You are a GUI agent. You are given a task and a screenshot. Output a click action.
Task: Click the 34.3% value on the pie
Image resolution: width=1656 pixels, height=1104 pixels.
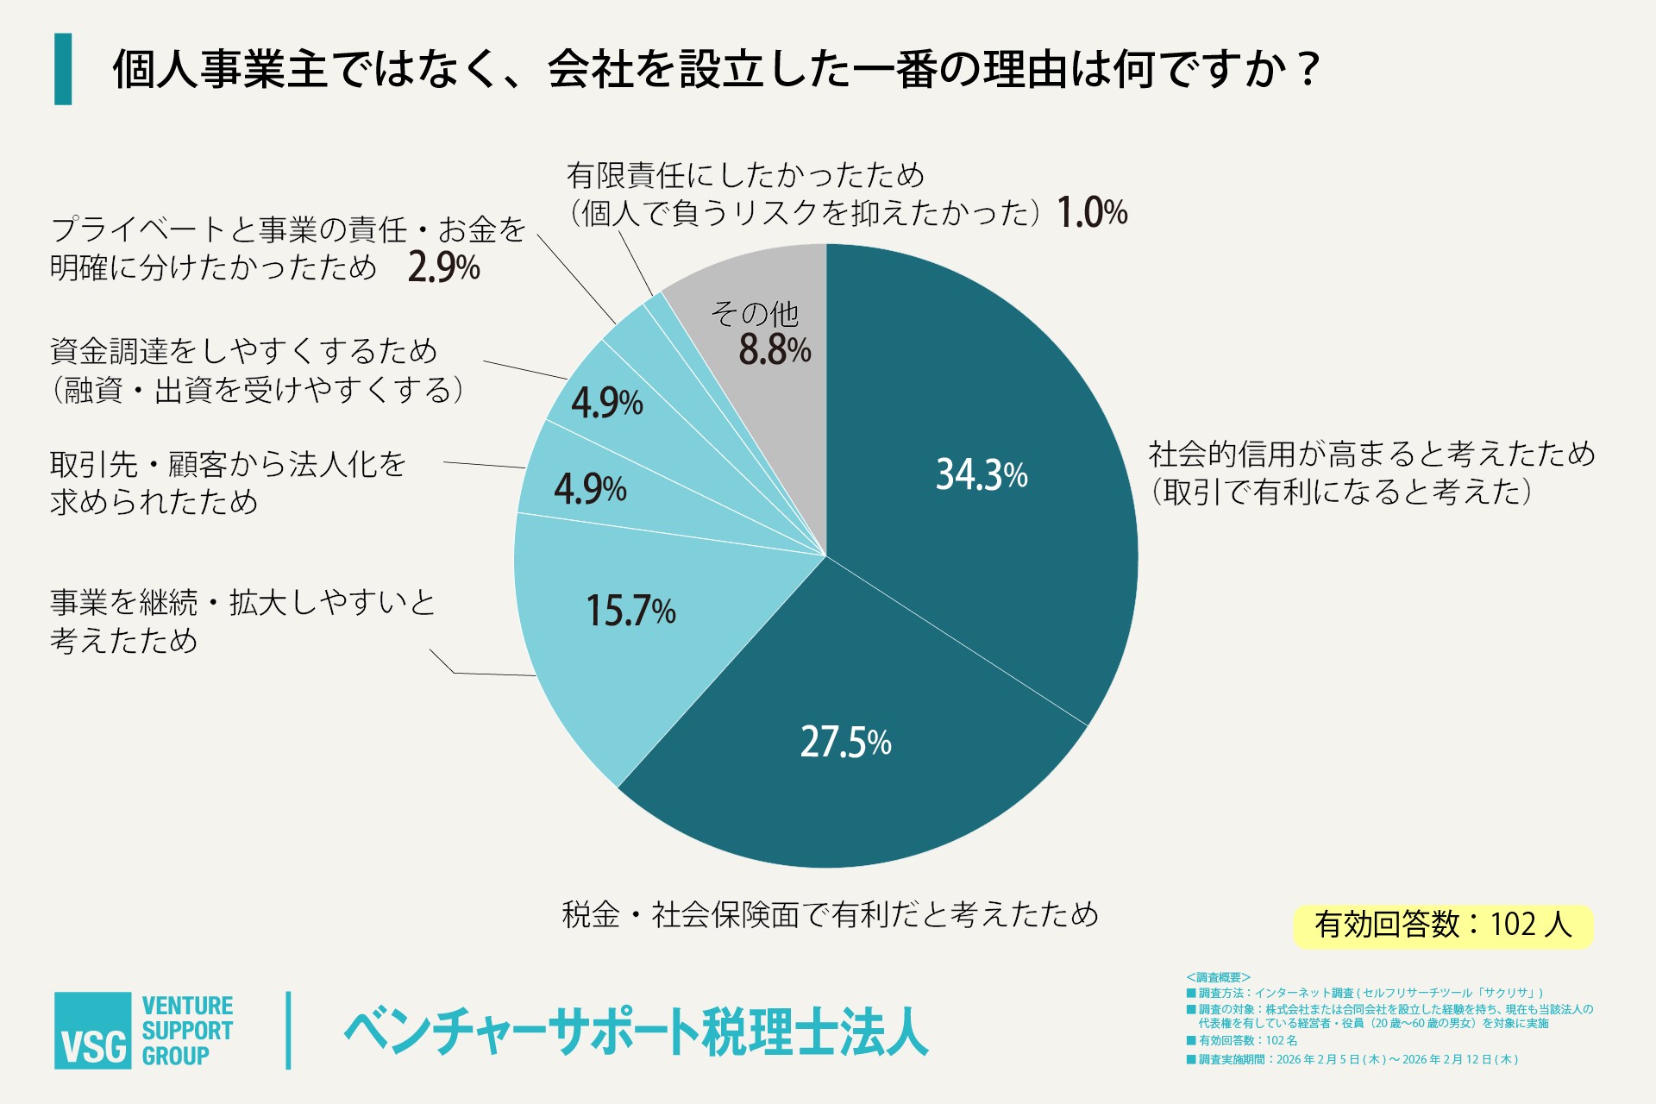(x=981, y=474)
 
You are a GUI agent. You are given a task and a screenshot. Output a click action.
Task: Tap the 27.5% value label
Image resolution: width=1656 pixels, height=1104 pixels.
(x=845, y=742)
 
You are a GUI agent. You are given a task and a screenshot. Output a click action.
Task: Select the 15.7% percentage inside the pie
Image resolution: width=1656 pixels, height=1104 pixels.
(x=630, y=611)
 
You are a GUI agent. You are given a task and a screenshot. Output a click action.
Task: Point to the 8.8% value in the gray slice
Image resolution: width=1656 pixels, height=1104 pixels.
(x=774, y=350)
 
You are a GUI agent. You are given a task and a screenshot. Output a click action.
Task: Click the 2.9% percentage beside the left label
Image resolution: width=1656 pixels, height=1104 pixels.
(x=443, y=267)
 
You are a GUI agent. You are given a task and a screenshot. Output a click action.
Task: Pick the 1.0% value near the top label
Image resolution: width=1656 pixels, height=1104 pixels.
(x=1092, y=212)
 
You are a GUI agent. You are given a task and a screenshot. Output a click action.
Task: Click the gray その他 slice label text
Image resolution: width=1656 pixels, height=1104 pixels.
(x=755, y=313)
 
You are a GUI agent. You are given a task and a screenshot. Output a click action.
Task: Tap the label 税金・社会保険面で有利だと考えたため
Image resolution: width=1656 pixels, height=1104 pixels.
(x=830, y=914)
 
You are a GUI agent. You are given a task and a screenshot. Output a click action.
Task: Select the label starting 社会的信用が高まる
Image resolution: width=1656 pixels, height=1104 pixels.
(x=1371, y=454)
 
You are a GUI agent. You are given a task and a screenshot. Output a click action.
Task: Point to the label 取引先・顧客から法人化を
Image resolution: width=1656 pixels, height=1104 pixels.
(x=228, y=465)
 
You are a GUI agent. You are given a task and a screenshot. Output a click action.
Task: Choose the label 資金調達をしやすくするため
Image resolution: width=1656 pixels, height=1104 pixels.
(x=243, y=351)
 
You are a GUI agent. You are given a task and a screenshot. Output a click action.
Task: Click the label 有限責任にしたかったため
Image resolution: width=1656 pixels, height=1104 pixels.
(x=745, y=176)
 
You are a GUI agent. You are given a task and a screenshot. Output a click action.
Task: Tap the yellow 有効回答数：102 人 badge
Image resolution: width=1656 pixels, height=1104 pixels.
(x=1443, y=925)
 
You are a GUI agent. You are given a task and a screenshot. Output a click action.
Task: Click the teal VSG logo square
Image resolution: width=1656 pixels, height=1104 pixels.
(x=92, y=1031)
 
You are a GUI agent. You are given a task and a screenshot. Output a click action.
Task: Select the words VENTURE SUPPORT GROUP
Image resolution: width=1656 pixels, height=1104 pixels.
(x=187, y=1031)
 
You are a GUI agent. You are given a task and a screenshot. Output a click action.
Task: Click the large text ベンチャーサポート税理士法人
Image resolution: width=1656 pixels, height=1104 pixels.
(x=636, y=1032)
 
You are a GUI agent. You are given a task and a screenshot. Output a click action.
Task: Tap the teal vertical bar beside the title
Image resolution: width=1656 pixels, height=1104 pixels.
(x=63, y=69)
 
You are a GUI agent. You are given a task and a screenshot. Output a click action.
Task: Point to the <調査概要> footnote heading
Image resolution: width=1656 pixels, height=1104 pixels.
(x=1218, y=977)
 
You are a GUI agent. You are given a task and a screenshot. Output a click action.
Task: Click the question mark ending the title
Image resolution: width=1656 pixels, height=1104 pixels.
(x=1308, y=69)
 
